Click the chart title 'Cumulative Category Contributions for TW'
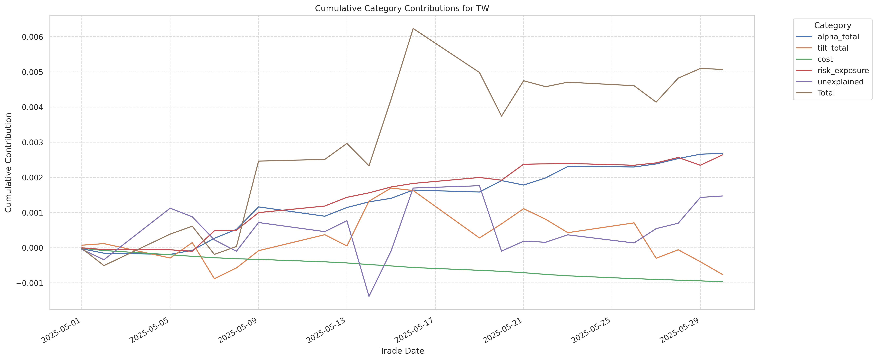402,9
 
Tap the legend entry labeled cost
825,59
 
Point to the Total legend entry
826,93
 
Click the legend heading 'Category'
832,26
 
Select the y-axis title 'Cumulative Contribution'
9,163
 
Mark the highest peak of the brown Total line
413,29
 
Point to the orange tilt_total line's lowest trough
214,279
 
